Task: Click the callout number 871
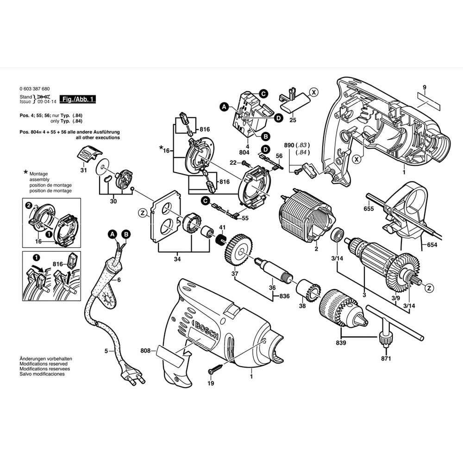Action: point(386,359)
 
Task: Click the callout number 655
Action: point(369,209)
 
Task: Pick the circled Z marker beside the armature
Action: point(429,288)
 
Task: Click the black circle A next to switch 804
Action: point(225,107)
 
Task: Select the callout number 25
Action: point(292,120)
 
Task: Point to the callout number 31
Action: point(84,170)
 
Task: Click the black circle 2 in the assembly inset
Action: point(28,205)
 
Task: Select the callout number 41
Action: point(222,227)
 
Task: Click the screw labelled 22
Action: point(245,163)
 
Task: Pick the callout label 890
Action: point(289,145)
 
